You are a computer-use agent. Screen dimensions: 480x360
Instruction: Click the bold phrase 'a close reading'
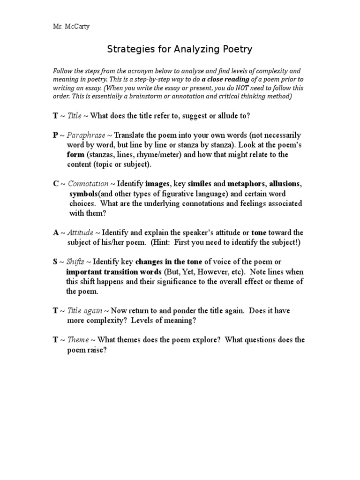click(225, 80)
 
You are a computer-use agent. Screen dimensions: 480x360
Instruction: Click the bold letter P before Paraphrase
click(55, 135)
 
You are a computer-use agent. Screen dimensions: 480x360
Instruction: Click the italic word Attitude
click(81, 232)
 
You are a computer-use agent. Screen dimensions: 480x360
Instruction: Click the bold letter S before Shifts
click(55, 262)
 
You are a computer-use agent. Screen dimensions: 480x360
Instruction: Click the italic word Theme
click(78, 340)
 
